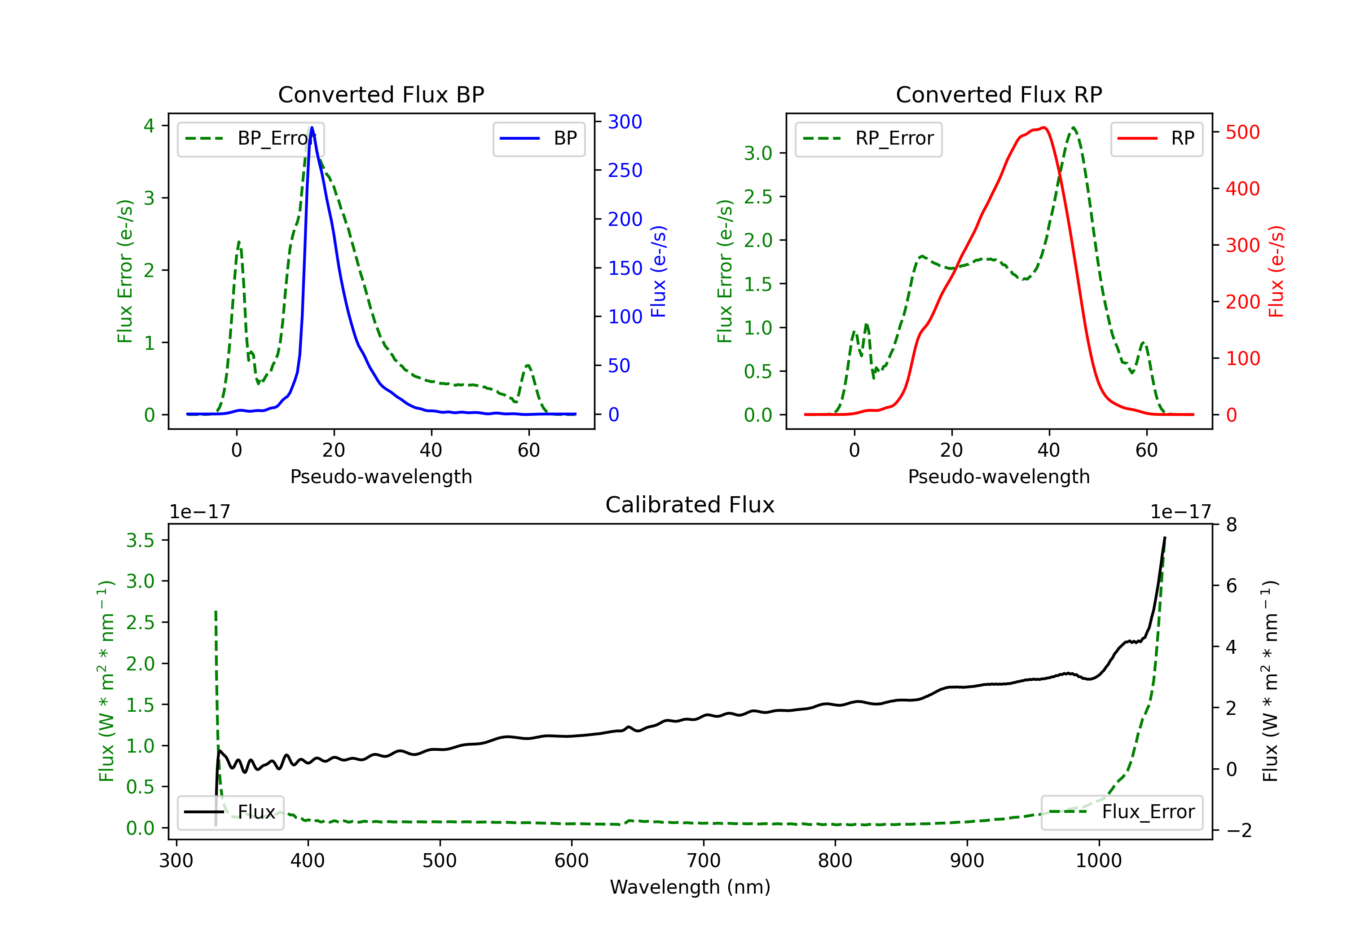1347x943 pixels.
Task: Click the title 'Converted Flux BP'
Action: coord(381,94)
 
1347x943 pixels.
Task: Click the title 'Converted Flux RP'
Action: coord(999,94)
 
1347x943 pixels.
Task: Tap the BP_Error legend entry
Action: coord(251,138)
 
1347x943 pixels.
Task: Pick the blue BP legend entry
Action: coord(538,138)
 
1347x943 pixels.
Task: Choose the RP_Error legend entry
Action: coord(868,138)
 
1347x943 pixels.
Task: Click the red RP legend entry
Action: coord(1156,138)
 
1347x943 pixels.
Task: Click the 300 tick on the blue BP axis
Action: coord(625,122)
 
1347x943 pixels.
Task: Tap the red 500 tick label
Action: coord(1242,132)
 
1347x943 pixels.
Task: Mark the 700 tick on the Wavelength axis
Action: coord(704,860)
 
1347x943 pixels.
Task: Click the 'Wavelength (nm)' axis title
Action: coord(690,887)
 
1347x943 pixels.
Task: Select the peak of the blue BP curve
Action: coord(312,128)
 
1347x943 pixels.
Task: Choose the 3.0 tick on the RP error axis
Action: coord(758,153)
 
